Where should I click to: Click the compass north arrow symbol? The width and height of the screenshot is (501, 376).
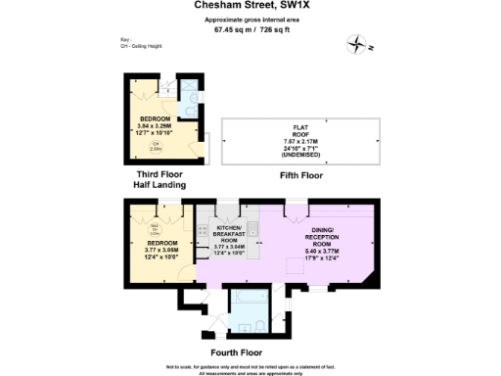[x=359, y=42]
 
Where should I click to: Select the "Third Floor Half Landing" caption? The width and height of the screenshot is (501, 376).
[x=161, y=179]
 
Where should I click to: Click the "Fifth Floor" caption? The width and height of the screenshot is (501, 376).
[x=300, y=174]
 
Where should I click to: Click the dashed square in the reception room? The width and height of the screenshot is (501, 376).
[x=291, y=262]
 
